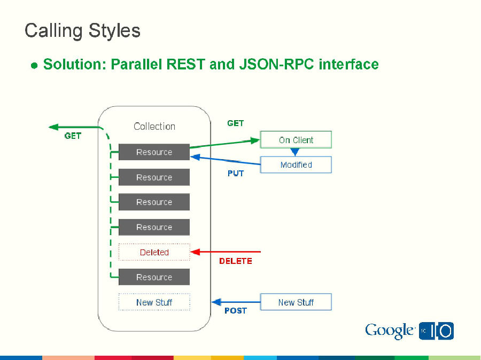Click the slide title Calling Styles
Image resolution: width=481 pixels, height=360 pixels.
click(x=82, y=30)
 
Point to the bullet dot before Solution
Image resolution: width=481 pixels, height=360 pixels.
click(x=34, y=66)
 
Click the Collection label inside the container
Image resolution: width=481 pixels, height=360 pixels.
click(x=154, y=127)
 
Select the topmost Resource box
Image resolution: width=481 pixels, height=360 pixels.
click(x=154, y=152)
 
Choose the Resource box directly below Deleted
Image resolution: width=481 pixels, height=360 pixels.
click(x=154, y=277)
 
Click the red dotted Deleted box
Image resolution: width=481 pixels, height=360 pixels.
click(x=154, y=252)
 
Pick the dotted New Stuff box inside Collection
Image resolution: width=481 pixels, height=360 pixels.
click(x=154, y=302)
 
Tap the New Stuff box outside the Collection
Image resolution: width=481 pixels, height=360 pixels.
click(x=296, y=302)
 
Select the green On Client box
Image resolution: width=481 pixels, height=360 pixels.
click(x=296, y=140)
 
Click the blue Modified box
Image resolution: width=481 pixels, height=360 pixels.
click(x=296, y=165)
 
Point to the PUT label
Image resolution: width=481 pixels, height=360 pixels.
click(x=236, y=174)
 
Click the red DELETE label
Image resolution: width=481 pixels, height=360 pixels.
click(x=235, y=261)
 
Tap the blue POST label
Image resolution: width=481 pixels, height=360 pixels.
click(x=235, y=311)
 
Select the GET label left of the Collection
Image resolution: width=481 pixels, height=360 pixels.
click(x=73, y=136)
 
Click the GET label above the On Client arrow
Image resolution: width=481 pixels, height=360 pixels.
click(x=235, y=123)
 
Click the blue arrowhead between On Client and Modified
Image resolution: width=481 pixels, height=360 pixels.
click(x=294, y=152)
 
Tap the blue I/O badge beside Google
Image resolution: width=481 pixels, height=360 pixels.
click(x=437, y=331)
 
